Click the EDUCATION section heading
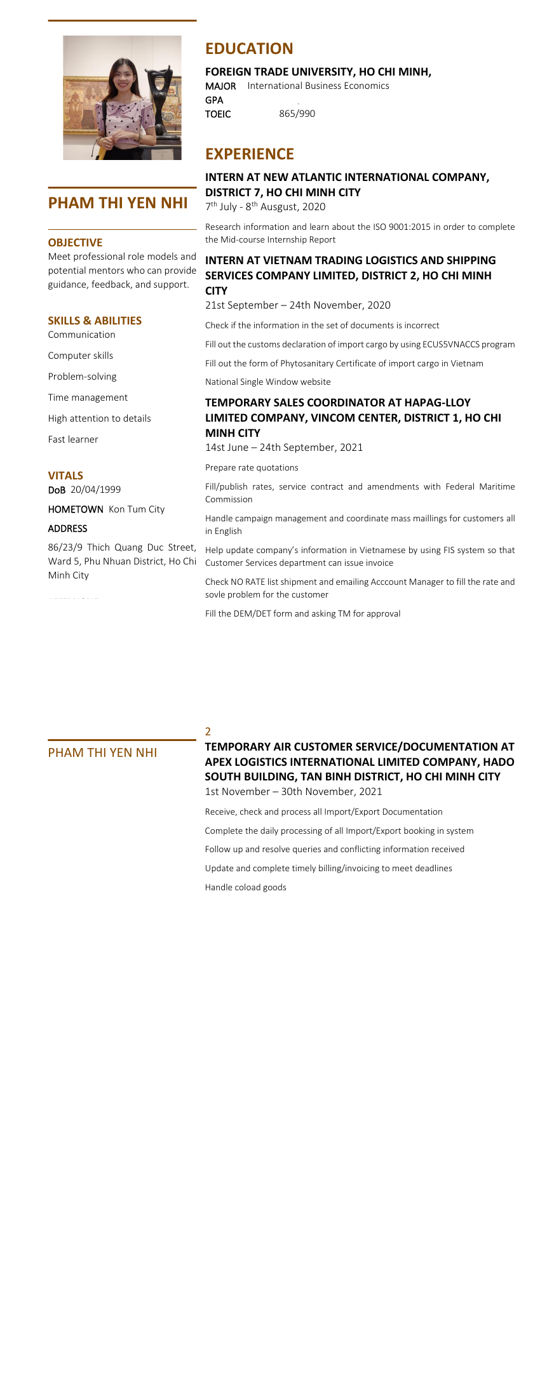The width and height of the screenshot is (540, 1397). click(x=249, y=49)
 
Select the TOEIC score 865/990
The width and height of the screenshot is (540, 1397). click(x=297, y=114)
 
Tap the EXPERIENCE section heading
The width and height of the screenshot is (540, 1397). click(x=250, y=154)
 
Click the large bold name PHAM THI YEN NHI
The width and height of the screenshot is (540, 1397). click(x=118, y=203)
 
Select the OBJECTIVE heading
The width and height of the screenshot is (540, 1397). click(x=75, y=243)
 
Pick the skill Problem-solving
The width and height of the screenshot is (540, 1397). click(x=82, y=377)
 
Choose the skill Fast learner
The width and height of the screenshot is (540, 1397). click(x=73, y=439)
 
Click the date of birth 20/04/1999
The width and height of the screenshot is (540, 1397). click(x=95, y=490)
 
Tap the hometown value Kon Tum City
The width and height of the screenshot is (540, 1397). click(x=137, y=509)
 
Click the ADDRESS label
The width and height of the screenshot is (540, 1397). click(x=67, y=528)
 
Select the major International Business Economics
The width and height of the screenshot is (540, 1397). click(x=318, y=86)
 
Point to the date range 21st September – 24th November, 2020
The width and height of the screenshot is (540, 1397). click(x=297, y=305)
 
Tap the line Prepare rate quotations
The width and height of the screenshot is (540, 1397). click(x=252, y=467)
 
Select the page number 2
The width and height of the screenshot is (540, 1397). click(x=208, y=732)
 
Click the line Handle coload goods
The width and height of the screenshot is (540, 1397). click(x=245, y=887)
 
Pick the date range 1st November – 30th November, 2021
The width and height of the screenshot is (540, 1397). click(x=294, y=791)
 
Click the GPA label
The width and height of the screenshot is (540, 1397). click(x=214, y=100)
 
